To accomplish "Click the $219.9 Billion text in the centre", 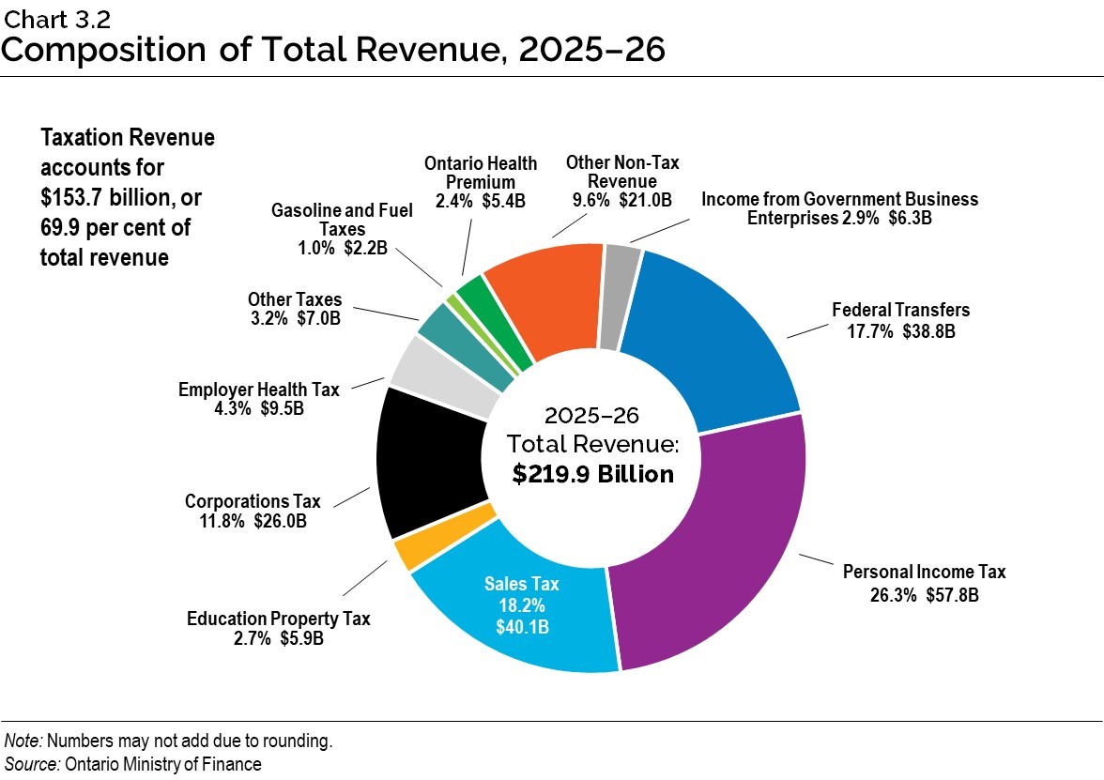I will (592, 475).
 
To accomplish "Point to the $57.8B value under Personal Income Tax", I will (950, 594).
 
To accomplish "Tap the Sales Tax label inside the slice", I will (521, 584).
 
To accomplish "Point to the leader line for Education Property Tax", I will (364, 578).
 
